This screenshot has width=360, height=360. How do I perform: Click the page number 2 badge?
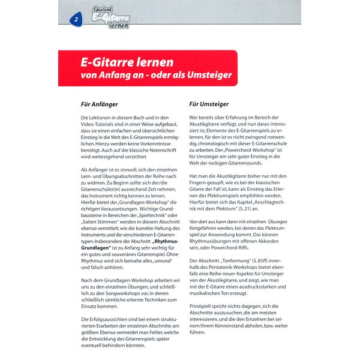(77, 20)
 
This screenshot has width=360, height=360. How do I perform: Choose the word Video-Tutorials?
(97, 125)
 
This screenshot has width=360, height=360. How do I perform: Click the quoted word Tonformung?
(226, 260)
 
